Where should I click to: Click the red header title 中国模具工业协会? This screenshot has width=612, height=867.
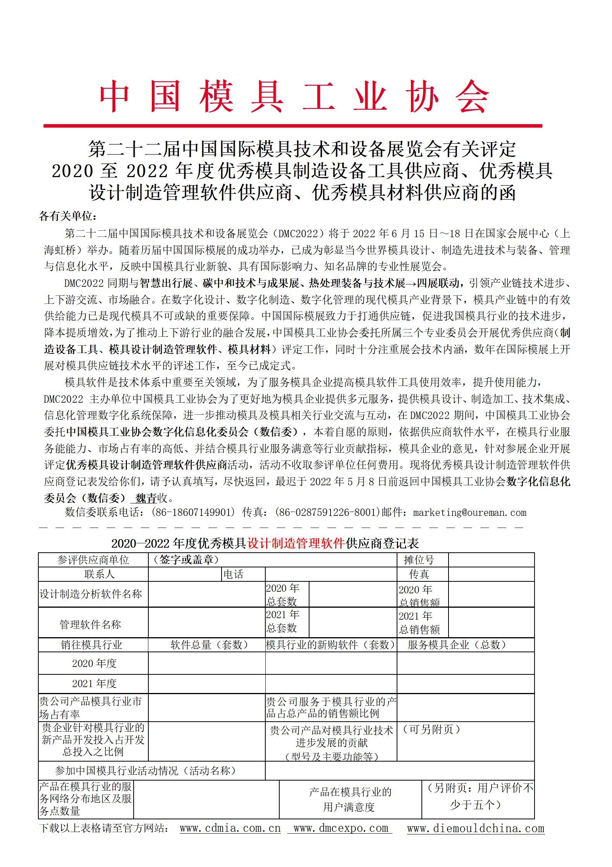(x=294, y=97)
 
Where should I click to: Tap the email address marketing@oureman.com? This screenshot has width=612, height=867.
(x=469, y=512)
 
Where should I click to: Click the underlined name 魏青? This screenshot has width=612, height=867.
(x=146, y=498)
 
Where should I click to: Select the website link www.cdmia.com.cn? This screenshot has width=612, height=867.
(x=230, y=828)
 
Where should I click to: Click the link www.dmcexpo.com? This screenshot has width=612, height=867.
(x=340, y=828)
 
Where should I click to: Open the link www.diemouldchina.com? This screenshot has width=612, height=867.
(x=476, y=828)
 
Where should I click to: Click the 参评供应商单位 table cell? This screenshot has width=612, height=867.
(x=93, y=560)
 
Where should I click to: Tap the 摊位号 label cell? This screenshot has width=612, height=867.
(x=419, y=560)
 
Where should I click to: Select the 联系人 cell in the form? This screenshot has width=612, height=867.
(x=100, y=574)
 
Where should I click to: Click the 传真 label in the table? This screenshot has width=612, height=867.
(x=419, y=574)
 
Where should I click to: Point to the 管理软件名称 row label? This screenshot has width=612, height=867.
(x=90, y=624)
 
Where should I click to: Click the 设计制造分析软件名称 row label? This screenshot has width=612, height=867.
(x=91, y=594)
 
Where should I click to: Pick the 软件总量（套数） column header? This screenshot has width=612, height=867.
(x=209, y=645)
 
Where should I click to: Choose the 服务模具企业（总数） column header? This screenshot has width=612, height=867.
(x=457, y=645)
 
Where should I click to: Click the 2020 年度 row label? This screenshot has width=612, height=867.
(x=94, y=663)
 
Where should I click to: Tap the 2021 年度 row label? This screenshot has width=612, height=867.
(x=94, y=683)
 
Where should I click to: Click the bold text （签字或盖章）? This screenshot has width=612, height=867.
(x=186, y=560)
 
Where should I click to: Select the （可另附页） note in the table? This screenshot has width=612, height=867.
(x=431, y=729)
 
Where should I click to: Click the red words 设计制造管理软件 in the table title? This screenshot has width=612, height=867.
(x=296, y=543)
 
